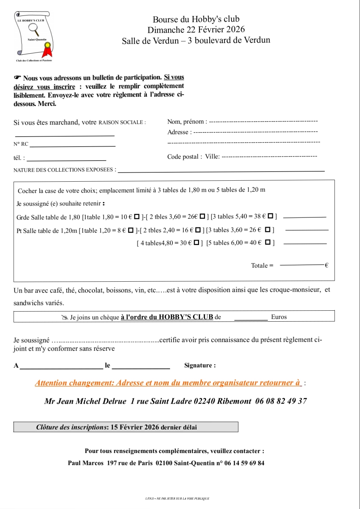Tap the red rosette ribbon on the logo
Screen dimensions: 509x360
(x=47, y=50)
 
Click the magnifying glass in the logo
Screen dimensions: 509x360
(x=34, y=29)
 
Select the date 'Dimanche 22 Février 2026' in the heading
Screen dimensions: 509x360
(x=196, y=30)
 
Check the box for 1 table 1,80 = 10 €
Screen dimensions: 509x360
(x=137, y=217)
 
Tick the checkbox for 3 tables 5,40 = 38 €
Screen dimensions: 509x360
(x=270, y=216)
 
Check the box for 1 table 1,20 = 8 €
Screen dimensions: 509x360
(x=131, y=230)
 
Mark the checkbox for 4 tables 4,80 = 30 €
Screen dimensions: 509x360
(x=197, y=243)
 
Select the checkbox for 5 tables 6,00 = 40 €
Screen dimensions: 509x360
(x=268, y=242)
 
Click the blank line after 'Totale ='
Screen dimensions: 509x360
(x=302, y=265)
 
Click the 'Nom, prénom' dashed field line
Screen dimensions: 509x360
(x=263, y=121)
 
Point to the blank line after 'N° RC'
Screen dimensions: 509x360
(x=72, y=146)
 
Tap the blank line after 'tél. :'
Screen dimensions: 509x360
(x=66, y=160)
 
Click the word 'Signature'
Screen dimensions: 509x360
(x=198, y=365)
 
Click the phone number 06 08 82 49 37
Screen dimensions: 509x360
(x=281, y=401)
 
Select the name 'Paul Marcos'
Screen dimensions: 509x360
(x=86, y=463)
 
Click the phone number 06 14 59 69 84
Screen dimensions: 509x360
(x=244, y=463)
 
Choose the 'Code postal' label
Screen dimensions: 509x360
(x=183, y=157)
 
